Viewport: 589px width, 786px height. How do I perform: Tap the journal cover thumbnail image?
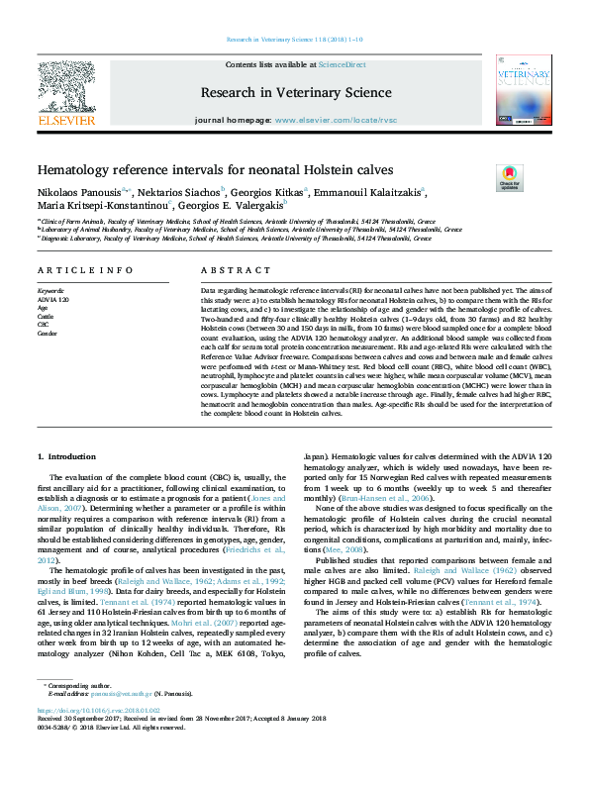524,90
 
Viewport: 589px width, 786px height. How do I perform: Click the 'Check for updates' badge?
509,178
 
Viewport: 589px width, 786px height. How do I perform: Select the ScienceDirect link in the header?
342,64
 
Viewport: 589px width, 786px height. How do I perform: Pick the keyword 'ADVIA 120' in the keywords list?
53,298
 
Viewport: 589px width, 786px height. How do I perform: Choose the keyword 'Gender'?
49,334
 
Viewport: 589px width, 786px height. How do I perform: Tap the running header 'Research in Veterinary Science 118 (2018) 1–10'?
294,39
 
